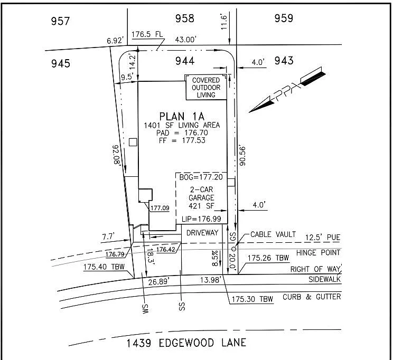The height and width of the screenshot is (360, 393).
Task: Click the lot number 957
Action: click(x=60, y=21)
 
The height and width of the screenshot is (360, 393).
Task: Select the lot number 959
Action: click(x=284, y=18)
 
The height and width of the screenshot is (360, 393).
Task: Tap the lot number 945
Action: click(x=61, y=63)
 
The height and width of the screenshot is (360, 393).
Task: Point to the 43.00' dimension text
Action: click(x=185, y=40)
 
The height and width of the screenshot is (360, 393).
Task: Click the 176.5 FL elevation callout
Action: click(x=147, y=34)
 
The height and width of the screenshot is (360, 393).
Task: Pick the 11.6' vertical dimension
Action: click(x=224, y=22)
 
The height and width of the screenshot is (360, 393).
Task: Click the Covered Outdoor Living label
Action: click(x=206, y=88)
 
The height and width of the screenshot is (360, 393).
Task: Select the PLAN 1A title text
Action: click(x=182, y=117)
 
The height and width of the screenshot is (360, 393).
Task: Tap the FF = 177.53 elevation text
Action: click(x=182, y=140)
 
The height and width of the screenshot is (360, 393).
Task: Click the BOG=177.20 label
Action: click(x=201, y=177)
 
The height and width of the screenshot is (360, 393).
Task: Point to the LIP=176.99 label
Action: click(x=201, y=219)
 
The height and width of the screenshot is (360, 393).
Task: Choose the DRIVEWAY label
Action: click(x=202, y=233)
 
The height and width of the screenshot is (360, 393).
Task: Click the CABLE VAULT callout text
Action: click(x=273, y=234)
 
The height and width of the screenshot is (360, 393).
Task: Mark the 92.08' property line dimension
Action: click(x=117, y=155)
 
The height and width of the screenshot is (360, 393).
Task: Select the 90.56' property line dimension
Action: click(x=242, y=156)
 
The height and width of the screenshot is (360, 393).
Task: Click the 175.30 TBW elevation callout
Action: click(x=252, y=299)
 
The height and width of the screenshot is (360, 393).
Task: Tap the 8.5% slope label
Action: click(x=215, y=258)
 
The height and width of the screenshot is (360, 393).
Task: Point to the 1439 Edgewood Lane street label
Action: click(x=186, y=343)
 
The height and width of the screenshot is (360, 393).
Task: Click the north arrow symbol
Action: click(x=287, y=90)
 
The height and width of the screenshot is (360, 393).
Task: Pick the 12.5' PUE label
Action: click(x=323, y=238)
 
